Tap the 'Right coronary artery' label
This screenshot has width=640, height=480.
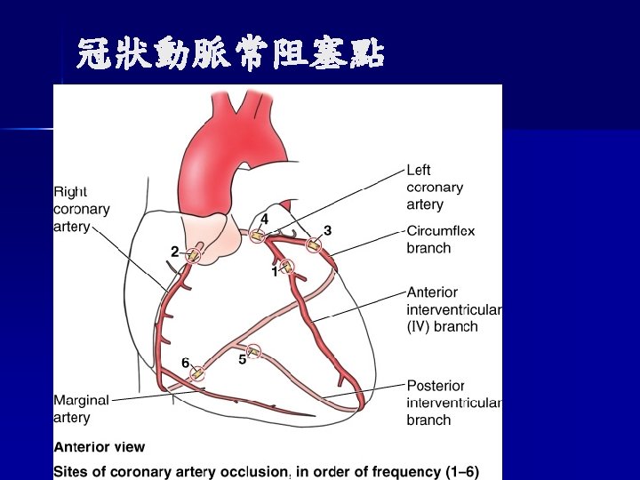[x=82, y=209]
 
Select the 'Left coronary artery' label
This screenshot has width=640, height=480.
[x=435, y=187]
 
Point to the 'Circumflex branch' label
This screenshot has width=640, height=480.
[x=441, y=239]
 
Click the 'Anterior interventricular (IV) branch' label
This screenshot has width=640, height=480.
[x=454, y=308]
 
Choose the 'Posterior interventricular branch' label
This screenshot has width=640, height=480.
[x=454, y=403]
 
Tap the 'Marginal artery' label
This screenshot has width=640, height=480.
[x=81, y=408]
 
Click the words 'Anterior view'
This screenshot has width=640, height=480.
[x=99, y=447]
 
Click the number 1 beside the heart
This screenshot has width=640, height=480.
[x=275, y=272]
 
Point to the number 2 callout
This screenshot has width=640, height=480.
[x=175, y=252]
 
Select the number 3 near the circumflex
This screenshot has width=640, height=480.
[x=327, y=230]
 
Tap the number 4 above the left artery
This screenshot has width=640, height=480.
[x=264, y=218]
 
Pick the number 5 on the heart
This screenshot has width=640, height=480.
[x=242, y=359]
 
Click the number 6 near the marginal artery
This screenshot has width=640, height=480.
[x=185, y=362]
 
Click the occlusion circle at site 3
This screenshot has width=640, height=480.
[x=314, y=245]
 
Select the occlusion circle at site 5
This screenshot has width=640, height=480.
[x=254, y=351]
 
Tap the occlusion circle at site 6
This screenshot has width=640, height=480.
[x=198, y=373]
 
